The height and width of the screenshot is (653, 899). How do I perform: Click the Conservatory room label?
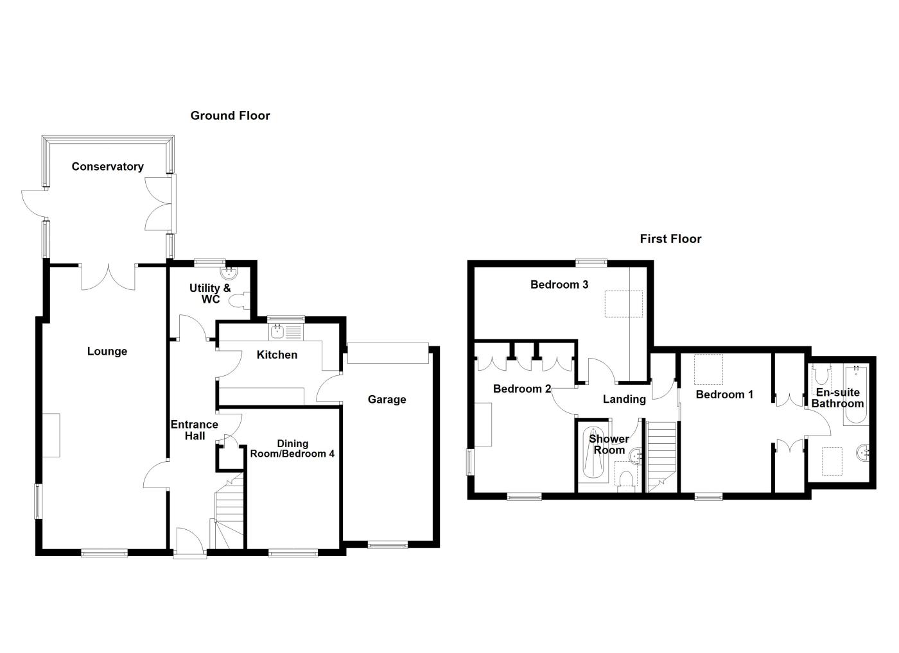107,167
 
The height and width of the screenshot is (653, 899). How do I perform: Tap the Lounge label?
107,352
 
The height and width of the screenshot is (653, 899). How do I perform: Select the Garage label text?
387,400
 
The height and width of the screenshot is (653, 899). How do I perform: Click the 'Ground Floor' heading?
230,116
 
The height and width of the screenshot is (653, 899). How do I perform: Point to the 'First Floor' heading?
670,239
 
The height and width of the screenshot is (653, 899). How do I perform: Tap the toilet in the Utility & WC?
242,301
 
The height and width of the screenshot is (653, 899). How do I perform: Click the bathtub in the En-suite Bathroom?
857,395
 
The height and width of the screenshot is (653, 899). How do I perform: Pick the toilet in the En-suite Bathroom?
821,375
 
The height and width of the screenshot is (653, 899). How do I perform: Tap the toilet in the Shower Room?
626,479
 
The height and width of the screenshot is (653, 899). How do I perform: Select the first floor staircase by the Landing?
661,455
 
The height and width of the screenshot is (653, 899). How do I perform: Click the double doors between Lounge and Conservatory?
108,277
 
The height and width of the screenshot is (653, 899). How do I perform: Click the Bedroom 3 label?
559,285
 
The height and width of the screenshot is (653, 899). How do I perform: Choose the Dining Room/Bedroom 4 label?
293,448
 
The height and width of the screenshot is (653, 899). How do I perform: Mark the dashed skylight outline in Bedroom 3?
624,303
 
